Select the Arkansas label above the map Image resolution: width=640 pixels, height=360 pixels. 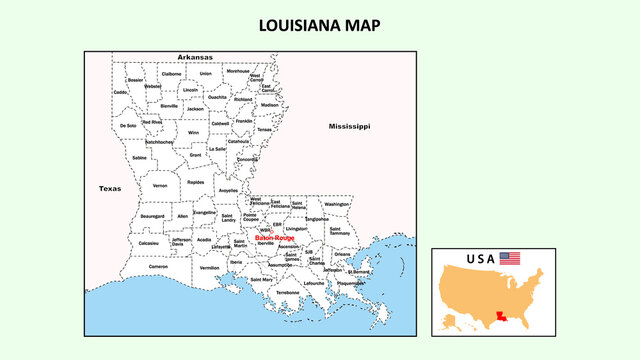point(195,58)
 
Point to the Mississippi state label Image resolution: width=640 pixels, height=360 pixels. point(349,127)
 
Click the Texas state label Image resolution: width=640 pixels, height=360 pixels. point(109,188)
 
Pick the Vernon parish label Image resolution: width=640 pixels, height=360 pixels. point(160,186)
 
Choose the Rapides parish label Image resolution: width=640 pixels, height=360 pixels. point(195,183)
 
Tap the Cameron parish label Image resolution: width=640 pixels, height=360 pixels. point(158,267)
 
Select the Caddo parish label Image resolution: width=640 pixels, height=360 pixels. point(121,92)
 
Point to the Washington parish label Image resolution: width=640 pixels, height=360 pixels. point(337,204)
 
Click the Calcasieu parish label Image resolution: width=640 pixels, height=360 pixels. point(148,243)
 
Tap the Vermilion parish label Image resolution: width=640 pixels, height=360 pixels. point(209,268)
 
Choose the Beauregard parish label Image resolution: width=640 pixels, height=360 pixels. point(152,216)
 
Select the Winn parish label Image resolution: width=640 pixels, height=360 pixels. point(193,132)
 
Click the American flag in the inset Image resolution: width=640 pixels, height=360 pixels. point(511,258)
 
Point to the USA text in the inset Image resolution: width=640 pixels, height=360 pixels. point(480,259)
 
